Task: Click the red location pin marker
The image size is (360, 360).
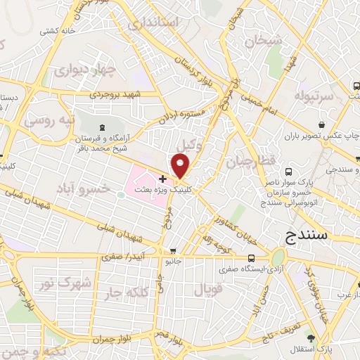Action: [181, 166]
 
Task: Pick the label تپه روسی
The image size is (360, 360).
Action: [50, 120]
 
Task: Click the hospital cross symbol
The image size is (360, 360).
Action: [163, 179]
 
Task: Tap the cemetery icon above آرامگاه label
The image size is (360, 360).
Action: [104, 127]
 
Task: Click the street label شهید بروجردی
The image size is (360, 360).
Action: [116, 94]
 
